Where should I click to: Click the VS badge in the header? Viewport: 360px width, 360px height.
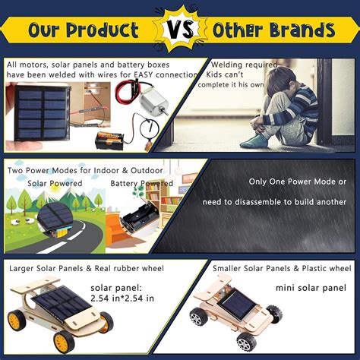pyautogui.click(x=180, y=30)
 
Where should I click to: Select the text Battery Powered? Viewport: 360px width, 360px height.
pyautogui.click(x=141, y=183)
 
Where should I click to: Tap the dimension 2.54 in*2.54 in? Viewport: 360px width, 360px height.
pyautogui.click(x=123, y=298)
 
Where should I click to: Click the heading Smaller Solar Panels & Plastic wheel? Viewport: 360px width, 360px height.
pyautogui.click(x=282, y=269)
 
